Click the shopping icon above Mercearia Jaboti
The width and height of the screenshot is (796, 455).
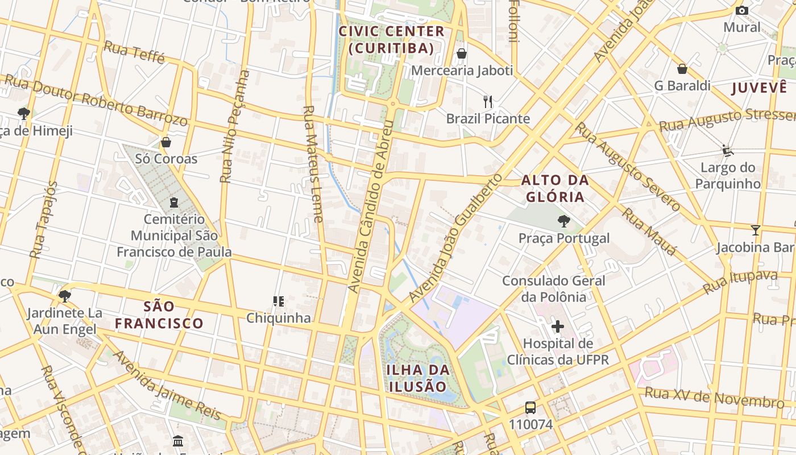462,53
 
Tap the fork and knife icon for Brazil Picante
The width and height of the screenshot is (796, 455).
488,102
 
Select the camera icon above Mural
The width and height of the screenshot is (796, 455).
741,10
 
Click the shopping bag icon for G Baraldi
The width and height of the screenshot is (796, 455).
682,69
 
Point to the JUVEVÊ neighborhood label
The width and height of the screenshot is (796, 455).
760,88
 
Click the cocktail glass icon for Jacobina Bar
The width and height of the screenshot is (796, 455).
755,230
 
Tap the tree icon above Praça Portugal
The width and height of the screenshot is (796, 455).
563,221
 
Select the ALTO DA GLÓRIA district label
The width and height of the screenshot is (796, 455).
555,189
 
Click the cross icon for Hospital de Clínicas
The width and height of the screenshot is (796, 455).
558,326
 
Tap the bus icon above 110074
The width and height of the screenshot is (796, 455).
530,407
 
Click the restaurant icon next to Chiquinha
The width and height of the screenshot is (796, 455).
278,301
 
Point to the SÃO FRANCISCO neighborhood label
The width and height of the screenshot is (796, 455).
159,315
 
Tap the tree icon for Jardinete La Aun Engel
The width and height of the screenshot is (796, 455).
65,296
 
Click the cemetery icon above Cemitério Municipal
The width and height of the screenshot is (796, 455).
174,202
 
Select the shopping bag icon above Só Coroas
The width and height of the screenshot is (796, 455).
166,142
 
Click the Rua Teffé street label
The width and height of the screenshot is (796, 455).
135,52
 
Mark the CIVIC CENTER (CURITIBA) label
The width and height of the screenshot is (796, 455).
391,40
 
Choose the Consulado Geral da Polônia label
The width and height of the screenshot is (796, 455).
553,288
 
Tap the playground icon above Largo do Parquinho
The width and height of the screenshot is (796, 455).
727,150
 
